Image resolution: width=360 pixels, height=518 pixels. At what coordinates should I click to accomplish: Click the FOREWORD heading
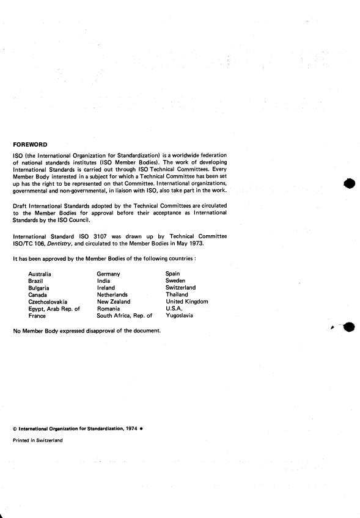(30, 145)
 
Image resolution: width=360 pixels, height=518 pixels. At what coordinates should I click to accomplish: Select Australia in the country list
(40, 274)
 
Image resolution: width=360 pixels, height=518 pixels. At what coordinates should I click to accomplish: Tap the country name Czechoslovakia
(48, 301)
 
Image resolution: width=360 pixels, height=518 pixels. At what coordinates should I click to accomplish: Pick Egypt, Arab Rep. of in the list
(54, 308)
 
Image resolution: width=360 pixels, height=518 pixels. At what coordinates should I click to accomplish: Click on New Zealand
(113, 301)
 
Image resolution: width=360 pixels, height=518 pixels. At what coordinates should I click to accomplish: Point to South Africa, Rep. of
(124, 315)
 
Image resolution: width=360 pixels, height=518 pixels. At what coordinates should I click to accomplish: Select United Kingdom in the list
(187, 301)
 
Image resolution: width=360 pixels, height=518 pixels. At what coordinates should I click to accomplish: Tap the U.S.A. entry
(175, 308)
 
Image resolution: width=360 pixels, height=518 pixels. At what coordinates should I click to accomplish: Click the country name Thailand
(177, 294)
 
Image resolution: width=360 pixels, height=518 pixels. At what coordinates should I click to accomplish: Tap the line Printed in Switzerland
(37, 439)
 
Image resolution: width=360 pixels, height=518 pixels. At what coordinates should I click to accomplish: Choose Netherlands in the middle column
(112, 294)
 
